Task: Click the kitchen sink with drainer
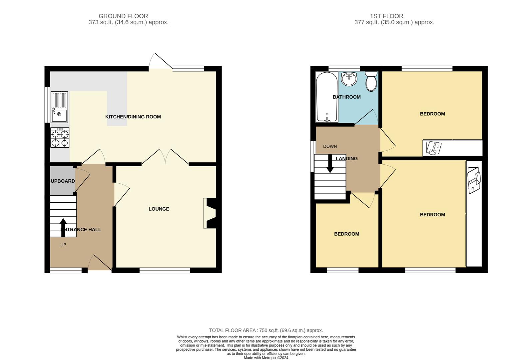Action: pyautogui.click(x=59, y=107)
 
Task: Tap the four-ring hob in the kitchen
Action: pyautogui.click(x=60, y=138)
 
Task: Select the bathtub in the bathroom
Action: pyautogui.click(x=327, y=97)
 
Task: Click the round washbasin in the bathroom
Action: pyautogui.click(x=349, y=79)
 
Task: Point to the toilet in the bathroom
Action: pyautogui.click(x=371, y=82)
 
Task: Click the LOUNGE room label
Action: pyautogui.click(x=159, y=209)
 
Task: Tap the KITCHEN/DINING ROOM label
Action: pyautogui.click(x=133, y=117)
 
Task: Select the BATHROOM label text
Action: pyautogui.click(x=346, y=97)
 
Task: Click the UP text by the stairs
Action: pyautogui.click(x=63, y=245)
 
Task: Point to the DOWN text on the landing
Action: pyautogui.click(x=330, y=146)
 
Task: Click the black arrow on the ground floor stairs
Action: pyautogui.click(x=63, y=228)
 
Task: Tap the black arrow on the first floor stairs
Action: pyautogui.click(x=330, y=164)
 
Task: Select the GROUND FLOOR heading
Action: pyautogui.click(x=123, y=16)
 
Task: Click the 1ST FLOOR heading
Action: pyautogui.click(x=386, y=16)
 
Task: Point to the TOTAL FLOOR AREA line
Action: pyautogui.click(x=266, y=330)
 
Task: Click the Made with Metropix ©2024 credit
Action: pyautogui.click(x=266, y=358)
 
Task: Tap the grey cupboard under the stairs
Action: pyautogui.click(x=63, y=180)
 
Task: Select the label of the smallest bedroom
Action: pyautogui.click(x=346, y=234)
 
